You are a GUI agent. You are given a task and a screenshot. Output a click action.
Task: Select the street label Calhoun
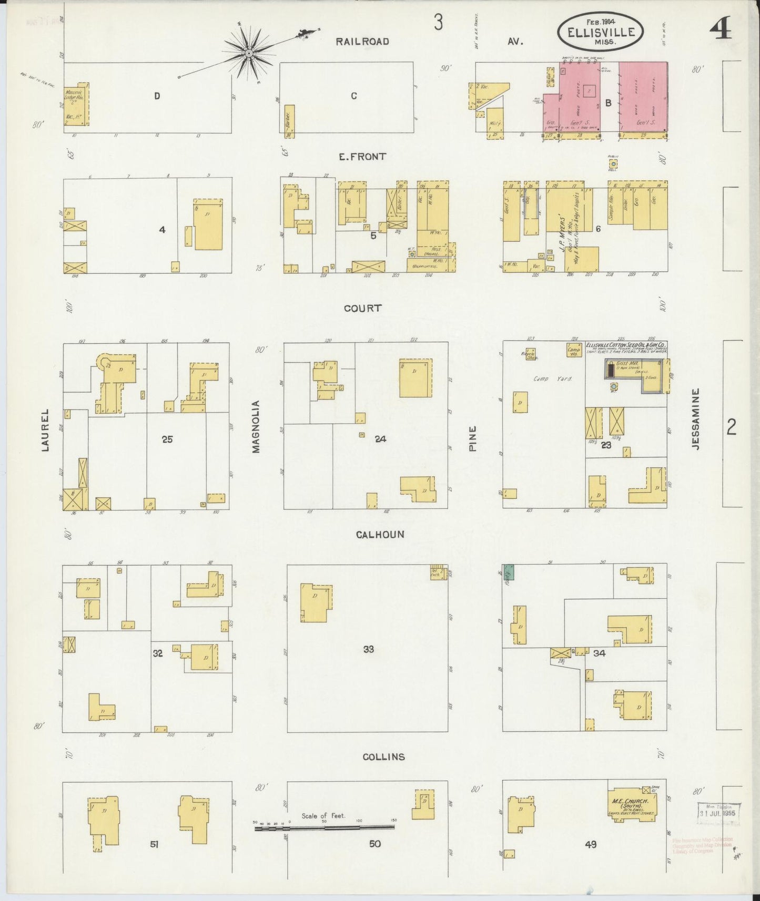point(380,535)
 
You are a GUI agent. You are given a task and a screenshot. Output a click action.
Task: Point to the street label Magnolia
point(257,426)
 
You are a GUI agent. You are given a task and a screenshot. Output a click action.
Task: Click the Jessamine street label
point(696,418)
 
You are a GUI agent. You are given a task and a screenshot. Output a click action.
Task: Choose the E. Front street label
point(362,156)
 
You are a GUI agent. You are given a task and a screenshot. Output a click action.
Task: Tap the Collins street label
point(384,757)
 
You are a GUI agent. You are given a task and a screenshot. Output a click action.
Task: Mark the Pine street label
point(472,439)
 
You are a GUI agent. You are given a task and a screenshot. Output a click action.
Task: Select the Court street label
point(362,308)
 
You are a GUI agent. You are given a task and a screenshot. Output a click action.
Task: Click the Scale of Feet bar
point(324,827)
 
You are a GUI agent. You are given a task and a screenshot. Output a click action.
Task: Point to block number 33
point(368,650)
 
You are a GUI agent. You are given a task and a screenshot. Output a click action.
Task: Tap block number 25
point(167,439)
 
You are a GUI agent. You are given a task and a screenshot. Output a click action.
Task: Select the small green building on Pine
point(508,572)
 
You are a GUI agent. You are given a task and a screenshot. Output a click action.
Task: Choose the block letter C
point(354,96)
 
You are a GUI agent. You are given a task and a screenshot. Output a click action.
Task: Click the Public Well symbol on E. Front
point(613,164)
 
